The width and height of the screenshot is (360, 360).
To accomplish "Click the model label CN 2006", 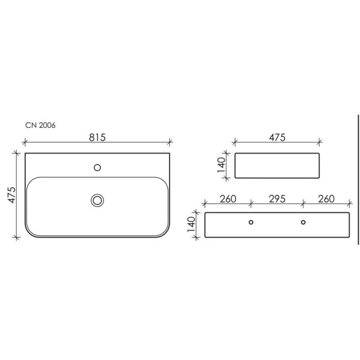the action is pos(40,126).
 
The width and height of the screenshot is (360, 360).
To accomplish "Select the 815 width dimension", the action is pos(97,137).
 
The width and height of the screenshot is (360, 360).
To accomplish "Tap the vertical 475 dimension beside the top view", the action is pos(12,195).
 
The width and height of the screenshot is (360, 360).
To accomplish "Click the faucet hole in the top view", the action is pos(97,167).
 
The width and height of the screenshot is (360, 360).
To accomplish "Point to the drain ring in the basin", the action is pos(97,200).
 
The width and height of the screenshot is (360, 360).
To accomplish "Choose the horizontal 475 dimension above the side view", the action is pos(277,137).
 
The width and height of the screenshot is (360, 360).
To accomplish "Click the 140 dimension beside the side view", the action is pos(221,165).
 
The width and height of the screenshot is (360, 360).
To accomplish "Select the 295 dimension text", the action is pos(277,199).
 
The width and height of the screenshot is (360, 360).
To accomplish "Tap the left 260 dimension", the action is pos(228,199).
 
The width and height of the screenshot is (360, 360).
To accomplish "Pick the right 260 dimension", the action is pos(326,199).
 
